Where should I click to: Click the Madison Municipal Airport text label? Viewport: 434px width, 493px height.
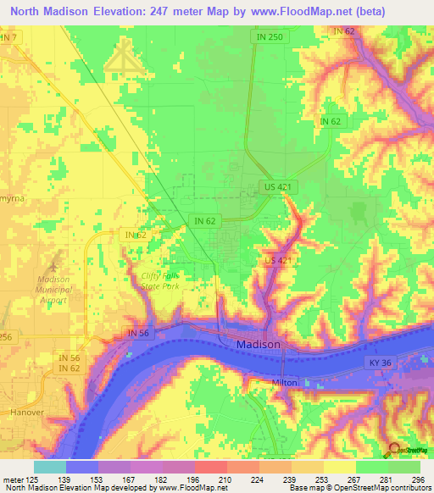click(x=58, y=288)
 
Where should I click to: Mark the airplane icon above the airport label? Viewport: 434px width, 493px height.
click(x=58, y=258)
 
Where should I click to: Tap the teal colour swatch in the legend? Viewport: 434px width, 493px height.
click(x=49, y=466)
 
